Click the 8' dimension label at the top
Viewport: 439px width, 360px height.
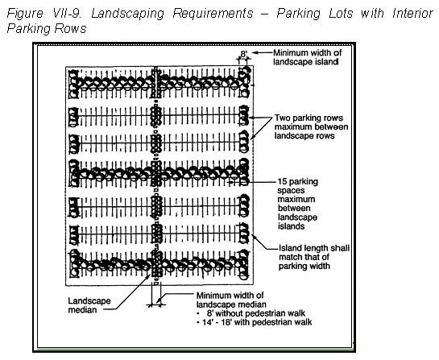click(x=244, y=53)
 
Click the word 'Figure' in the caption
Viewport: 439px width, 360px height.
click(x=25, y=14)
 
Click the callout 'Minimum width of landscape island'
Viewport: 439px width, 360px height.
click(x=308, y=57)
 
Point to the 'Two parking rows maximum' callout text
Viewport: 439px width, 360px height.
click(x=311, y=126)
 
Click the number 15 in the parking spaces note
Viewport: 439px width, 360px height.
click(x=282, y=182)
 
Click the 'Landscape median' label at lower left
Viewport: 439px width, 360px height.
click(x=89, y=305)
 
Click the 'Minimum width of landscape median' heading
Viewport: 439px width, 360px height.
click(x=231, y=300)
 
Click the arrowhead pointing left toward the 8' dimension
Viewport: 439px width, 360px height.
click(x=255, y=52)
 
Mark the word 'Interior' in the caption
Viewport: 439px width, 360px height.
click(x=412, y=13)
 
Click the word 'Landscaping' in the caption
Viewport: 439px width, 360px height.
click(x=127, y=14)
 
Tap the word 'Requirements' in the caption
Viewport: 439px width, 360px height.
click(x=213, y=14)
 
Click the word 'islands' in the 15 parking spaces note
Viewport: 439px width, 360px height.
click(x=291, y=226)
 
